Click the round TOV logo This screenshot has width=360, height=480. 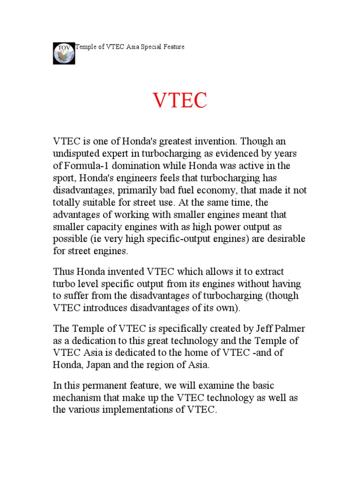[64, 53]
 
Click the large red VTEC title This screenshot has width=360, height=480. [180, 102]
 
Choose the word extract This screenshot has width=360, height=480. [266, 272]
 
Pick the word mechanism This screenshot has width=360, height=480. [78, 398]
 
